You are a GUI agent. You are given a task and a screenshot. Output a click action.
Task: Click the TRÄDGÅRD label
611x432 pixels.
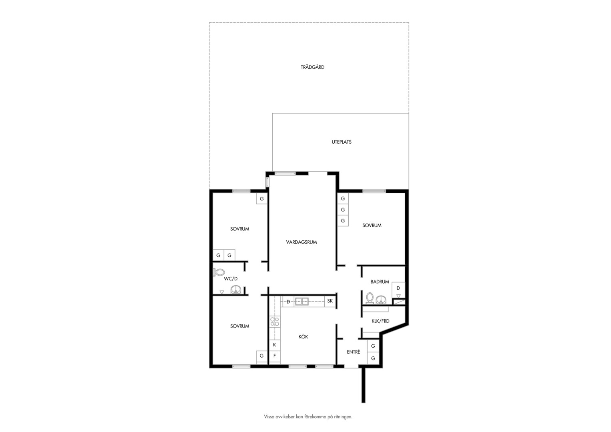pyautogui.click(x=313, y=67)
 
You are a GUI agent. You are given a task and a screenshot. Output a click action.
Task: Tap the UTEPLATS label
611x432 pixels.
pyautogui.click(x=341, y=142)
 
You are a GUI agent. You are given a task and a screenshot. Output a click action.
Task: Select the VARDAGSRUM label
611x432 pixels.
pyautogui.click(x=302, y=242)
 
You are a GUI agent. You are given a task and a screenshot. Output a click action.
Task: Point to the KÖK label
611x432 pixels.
pyautogui.click(x=303, y=336)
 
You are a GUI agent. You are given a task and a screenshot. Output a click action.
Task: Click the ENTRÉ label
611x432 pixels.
pyautogui.click(x=353, y=352)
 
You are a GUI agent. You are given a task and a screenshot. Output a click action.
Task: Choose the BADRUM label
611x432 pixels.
pyautogui.click(x=380, y=282)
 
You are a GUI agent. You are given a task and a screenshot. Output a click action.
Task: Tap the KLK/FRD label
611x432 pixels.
pyautogui.click(x=380, y=321)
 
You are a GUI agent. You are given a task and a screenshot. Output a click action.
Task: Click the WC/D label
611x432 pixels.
pyautogui.click(x=231, y=279)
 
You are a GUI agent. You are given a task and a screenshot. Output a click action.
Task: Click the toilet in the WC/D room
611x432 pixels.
pyautogui.click(x=219, y=272)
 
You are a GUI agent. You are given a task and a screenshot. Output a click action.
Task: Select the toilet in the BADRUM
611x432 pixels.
pyautogui.click(x=370, y=298)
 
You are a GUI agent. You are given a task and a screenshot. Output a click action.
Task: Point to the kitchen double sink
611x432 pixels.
pyautogui.click(x=302, y=301)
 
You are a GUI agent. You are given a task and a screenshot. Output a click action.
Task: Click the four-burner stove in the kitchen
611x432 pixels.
pyautogui.click(x=275, y=322)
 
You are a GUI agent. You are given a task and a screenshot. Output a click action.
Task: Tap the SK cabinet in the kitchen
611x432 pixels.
pyautogui.click(x=330, y=301)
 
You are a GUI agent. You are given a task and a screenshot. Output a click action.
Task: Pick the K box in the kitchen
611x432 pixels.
pyautogui.click(x=275, y=345)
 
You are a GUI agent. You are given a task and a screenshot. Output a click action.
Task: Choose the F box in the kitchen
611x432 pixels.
pyautogui.click(x=275, y=356)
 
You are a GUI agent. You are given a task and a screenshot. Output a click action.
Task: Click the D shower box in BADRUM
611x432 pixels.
pyautogui.click(x=398, y=290)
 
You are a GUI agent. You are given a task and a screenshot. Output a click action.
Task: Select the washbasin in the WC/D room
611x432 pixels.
pyautogui.click(x=236, y=290)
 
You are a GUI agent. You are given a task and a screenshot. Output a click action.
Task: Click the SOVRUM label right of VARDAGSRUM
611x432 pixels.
pyautogui.click(x=372, y=226)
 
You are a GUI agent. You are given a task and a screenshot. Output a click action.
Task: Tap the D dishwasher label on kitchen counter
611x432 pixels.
pyautogui.click(x=288, y=302)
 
